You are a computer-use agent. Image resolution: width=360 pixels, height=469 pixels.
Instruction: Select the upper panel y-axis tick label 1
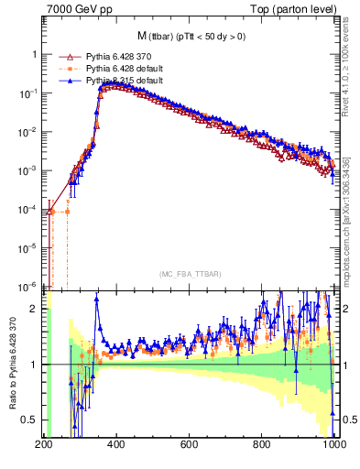(36, 55)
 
